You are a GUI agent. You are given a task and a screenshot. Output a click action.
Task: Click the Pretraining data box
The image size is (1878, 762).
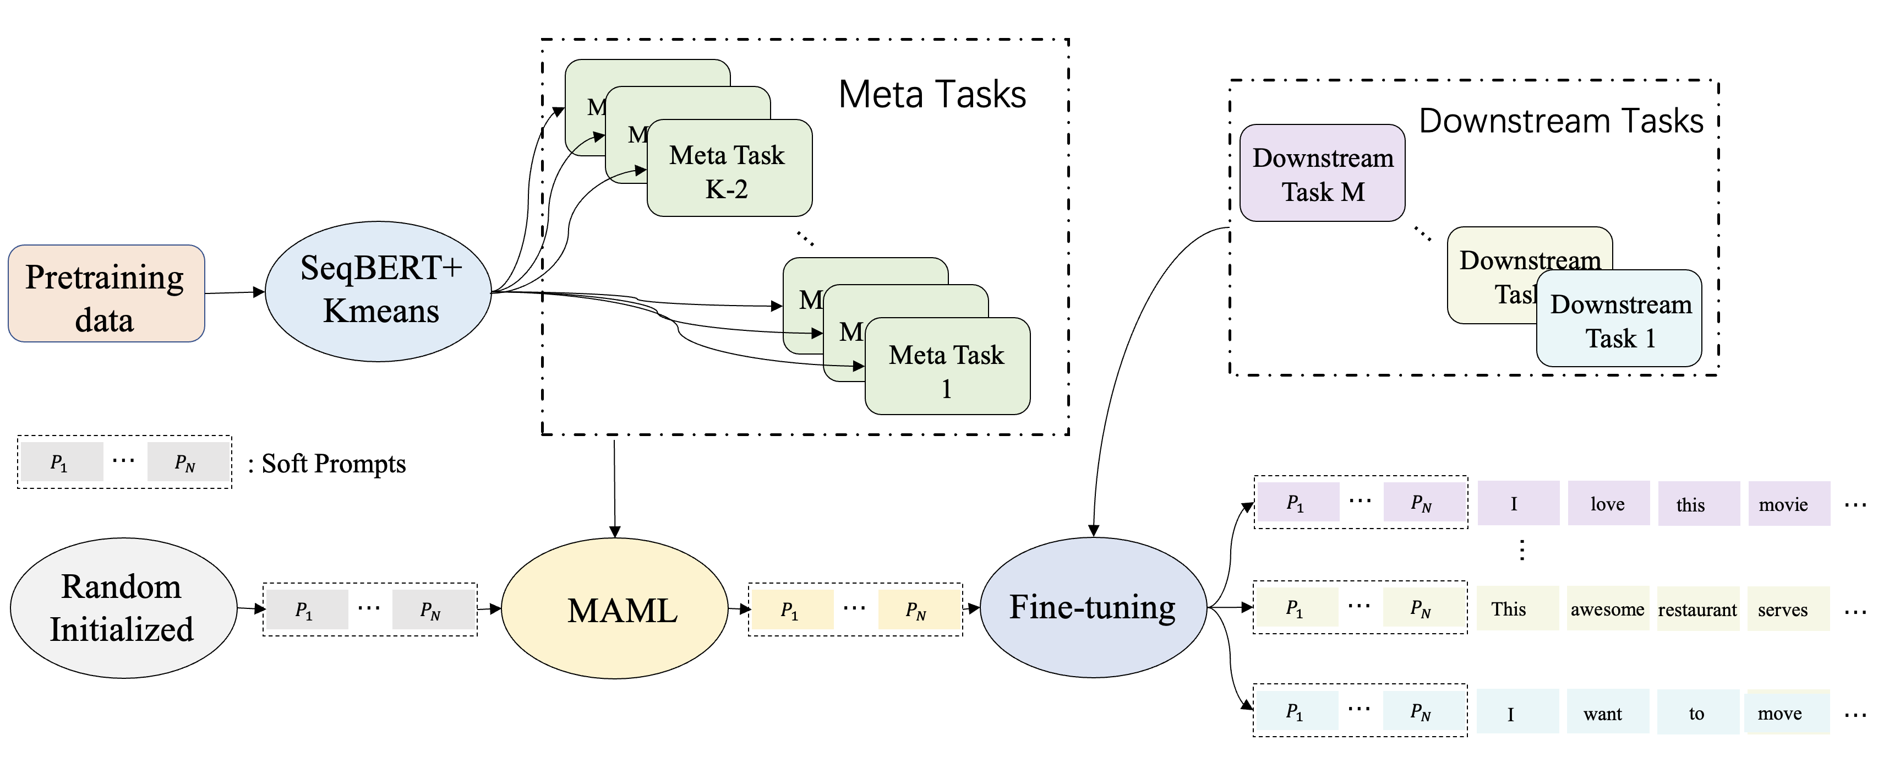point(106,293)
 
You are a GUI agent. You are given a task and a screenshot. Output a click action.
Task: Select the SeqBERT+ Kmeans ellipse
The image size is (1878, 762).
point(378,291)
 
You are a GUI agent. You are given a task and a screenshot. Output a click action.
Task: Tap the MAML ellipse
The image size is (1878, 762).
point(615,609)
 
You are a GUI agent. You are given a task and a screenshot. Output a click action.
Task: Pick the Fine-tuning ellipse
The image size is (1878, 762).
point(1093,607)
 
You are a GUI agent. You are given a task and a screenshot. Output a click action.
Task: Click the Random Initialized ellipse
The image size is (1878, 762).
point(123,608)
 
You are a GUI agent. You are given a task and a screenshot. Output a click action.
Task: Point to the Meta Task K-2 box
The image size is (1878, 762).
point(729,169)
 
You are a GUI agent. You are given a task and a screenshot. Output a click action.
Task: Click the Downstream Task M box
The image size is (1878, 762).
point(1323,173)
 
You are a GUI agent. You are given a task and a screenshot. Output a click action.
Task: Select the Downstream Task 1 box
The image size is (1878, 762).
point(1620,319)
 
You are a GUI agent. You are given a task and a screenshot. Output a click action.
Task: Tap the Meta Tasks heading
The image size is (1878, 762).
point(932,95)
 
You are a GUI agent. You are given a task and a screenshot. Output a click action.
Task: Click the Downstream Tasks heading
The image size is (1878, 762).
point(1560,121)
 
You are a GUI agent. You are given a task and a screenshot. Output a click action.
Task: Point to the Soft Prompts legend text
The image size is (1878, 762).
point(333,464)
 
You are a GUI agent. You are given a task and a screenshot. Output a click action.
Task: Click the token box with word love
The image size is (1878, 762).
point(1608,504)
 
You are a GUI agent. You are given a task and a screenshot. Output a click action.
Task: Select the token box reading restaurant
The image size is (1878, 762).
point(1698,609)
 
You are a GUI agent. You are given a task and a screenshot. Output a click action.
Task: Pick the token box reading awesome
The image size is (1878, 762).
point(1608,609)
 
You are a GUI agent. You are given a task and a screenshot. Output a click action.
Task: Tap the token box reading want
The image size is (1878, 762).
point(1603,713)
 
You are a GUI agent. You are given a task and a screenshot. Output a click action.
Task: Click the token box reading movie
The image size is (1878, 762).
point(1788,504)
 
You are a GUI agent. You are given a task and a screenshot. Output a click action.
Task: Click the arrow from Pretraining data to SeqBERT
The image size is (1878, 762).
point(234,293)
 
